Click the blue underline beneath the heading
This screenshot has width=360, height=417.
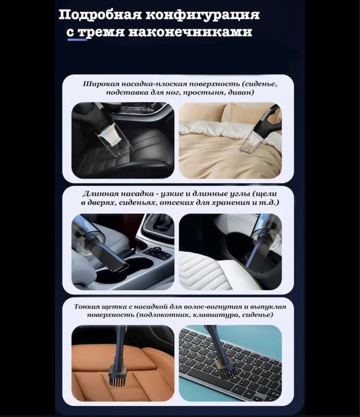[77, 39]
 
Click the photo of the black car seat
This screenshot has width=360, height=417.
[122, 140]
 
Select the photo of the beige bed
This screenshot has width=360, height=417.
[230, 140]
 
